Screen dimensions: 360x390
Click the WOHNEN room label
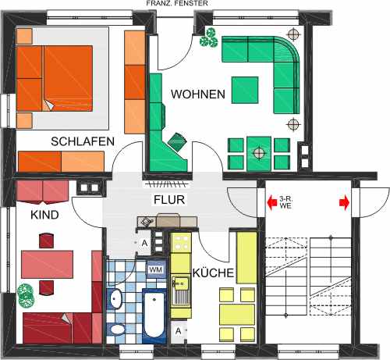[x=198, y=94]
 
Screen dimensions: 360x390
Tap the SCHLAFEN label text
[x=83, y=141]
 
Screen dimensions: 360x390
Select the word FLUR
[x=168, y=199]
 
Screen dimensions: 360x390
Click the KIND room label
[x=44, y=214]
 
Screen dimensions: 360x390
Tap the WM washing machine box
[x=154, y=271]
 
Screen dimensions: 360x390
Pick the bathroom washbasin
[x=115, y=299]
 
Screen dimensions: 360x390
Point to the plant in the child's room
[x=26, y=298]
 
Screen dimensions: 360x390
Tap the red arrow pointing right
[x=344, y=204]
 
